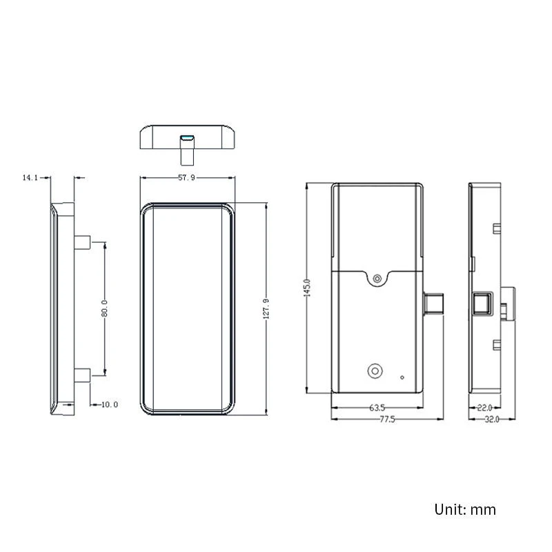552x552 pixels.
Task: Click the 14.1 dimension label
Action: point(29,177)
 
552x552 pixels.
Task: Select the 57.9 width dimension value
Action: point(186,178)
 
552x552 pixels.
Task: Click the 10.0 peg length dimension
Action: point(110,404)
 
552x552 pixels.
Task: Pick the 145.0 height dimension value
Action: point(308,288)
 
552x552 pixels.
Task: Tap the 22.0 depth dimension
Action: point(484,408)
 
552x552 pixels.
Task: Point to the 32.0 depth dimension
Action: point(491,420)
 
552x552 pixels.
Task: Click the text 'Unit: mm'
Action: point(465,510)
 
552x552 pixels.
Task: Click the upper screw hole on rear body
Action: point(377,279)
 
